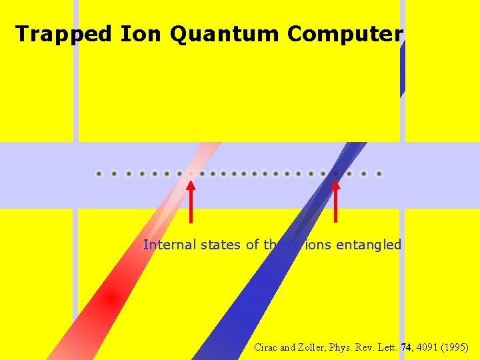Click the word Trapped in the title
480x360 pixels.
click(x=63, y=34)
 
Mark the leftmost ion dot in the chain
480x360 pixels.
click(x=99, y=174)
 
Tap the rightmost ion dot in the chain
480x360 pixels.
click(x=379, y=174)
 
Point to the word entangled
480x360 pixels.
click(x=369, y=245)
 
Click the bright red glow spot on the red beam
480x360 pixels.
click(x=111, y=298)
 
